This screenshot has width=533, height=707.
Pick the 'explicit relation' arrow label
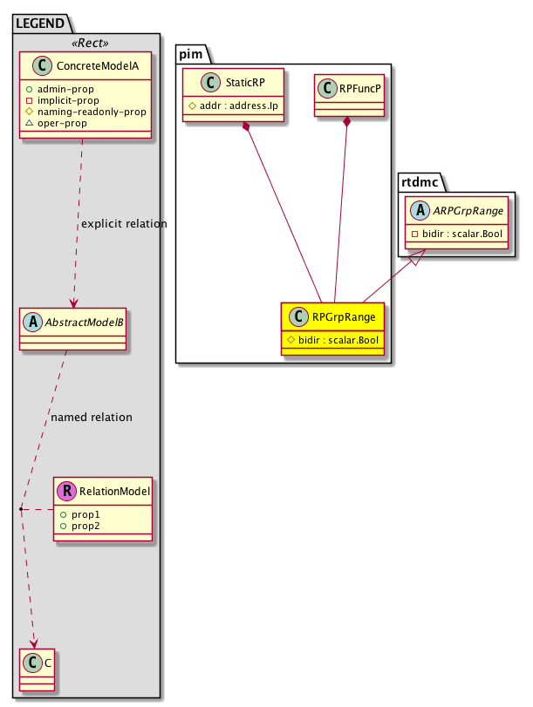coord(124,224)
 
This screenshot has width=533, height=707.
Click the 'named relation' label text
coord(92,418)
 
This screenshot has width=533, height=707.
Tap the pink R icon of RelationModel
coord(65,493)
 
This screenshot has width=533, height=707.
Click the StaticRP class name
coord(244,85)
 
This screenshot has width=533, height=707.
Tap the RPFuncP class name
coord(360,88)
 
